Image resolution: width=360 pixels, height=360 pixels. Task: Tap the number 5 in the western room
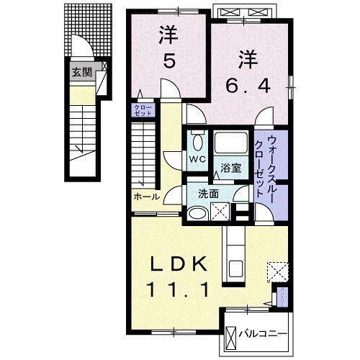[x=168, y=62]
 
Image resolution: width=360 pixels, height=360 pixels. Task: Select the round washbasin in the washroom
[x=197, y=213]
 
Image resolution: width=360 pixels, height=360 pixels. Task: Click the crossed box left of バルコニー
[x=232, y=336]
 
